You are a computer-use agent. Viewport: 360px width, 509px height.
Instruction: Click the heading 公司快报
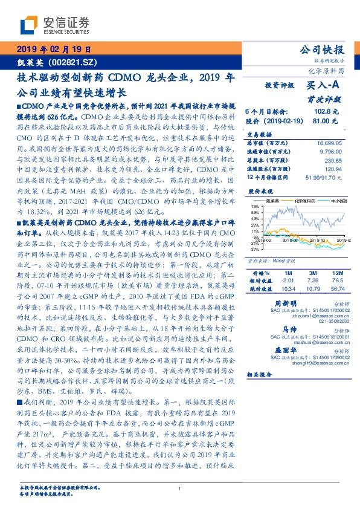pyautogui.click(x=325, y=50)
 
